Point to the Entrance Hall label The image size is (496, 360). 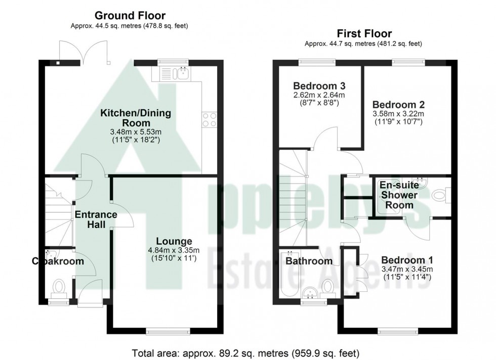coord(96,219)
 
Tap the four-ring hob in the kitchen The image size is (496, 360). coord(210,119)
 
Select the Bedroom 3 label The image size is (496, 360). coord(312,85)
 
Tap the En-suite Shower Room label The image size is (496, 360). coord(399,195)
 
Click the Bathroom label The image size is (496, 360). coord(309,261)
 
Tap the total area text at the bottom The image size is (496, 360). coord(245,352)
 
